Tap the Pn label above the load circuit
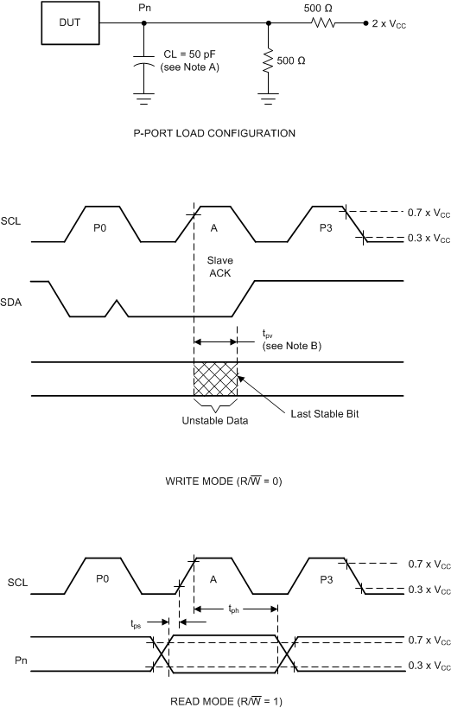143,8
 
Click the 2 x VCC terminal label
388,24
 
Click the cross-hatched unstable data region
215,379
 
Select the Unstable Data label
215,421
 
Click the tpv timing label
268,333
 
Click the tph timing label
233,609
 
